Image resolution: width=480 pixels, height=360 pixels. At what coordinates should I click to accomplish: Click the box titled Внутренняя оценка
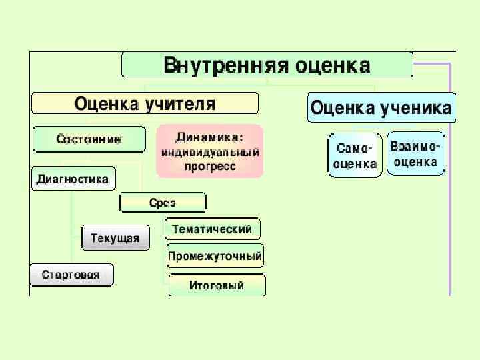point(267,65)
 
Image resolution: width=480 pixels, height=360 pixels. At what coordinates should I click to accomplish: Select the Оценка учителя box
point(145,104)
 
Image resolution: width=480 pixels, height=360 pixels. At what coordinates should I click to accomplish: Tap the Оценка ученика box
point(381,107)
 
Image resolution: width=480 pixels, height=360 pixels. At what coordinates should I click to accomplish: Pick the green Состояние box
point(89,139)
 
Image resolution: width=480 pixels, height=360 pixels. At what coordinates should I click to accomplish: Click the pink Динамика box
point(209,151)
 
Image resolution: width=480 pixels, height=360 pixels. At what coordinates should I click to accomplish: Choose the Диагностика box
point(73,179)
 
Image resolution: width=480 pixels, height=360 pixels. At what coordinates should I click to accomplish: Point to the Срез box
point(163,203)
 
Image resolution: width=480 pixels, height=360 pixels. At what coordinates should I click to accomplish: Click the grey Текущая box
point(115,237)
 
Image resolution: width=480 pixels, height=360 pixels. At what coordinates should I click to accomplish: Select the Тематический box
point(212,229)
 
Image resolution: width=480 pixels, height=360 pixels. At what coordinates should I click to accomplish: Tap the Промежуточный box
point(215,255)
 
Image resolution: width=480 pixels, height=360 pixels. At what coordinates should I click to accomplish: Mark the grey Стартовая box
point(71,275)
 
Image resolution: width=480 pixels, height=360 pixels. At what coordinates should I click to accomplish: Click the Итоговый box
point(217,285)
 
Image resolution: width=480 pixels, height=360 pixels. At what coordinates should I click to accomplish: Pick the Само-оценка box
point(355,155)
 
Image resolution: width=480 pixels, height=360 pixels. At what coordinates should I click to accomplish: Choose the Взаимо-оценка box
point(415,153)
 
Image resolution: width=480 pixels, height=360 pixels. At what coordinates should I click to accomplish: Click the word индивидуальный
point(209,152)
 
